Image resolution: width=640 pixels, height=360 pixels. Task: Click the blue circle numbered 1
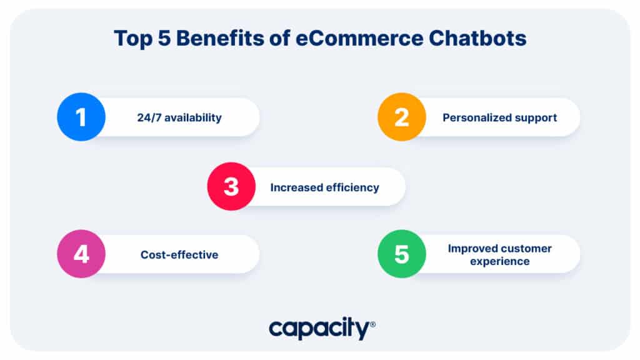(81, 117)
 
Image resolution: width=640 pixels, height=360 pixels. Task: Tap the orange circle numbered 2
(401, 117)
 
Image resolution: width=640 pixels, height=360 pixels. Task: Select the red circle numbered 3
(231, 187)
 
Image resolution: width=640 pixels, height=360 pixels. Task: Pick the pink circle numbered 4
(81, 254)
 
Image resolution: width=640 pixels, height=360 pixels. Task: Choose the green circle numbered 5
(401, 254)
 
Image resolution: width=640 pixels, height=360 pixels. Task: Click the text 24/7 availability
(179, 117)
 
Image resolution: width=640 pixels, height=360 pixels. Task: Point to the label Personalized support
(499, 117)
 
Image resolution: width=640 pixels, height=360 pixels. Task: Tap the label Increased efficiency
(324, 187)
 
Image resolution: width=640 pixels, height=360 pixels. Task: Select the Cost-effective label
(179, 254)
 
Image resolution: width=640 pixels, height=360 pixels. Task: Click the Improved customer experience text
(499, 254)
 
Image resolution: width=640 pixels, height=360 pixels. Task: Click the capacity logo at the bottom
(319, 329)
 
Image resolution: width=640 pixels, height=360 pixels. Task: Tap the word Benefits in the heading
(217, 39)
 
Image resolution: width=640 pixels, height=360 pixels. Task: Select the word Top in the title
(133, 39)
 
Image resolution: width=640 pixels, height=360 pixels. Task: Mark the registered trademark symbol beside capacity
(372, 324)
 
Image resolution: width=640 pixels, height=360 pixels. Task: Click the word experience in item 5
(499, 261)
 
